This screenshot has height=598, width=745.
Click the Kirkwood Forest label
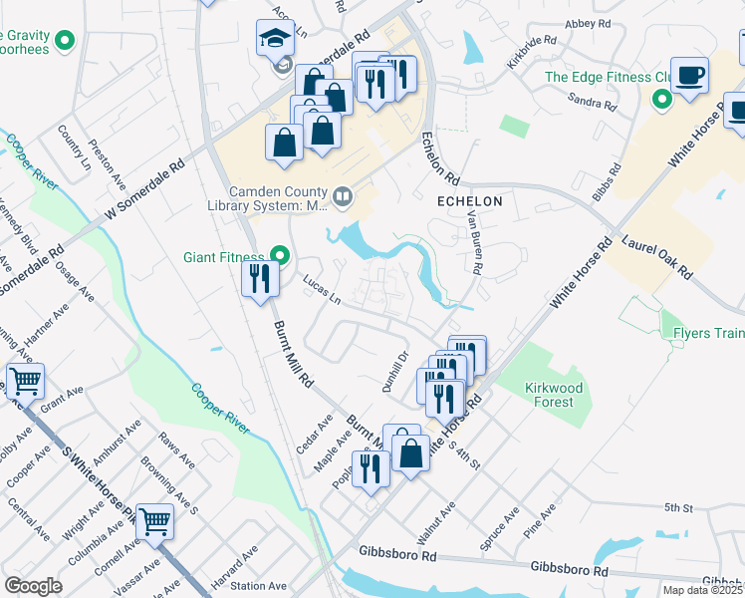pyautogui.click(x=551, y=394)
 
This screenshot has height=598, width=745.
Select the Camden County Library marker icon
pyautogui.click(x=343, y=195)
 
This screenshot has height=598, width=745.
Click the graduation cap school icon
pyautogui.click(x=274, y=39)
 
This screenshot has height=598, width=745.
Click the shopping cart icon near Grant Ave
pyautogui.click(x=25, y=381)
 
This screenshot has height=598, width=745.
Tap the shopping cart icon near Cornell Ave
pyautogui.click(x=154, y=521)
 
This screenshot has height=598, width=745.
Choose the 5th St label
pyautogui.click(x=678, y=508)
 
